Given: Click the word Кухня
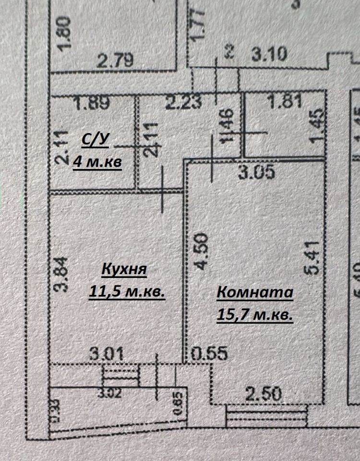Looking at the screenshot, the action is pos(124,269).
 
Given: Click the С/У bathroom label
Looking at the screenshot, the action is pos(96,140).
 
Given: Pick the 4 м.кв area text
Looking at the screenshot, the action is pos(97,162).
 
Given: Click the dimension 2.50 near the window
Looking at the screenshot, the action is pos(264,395).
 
